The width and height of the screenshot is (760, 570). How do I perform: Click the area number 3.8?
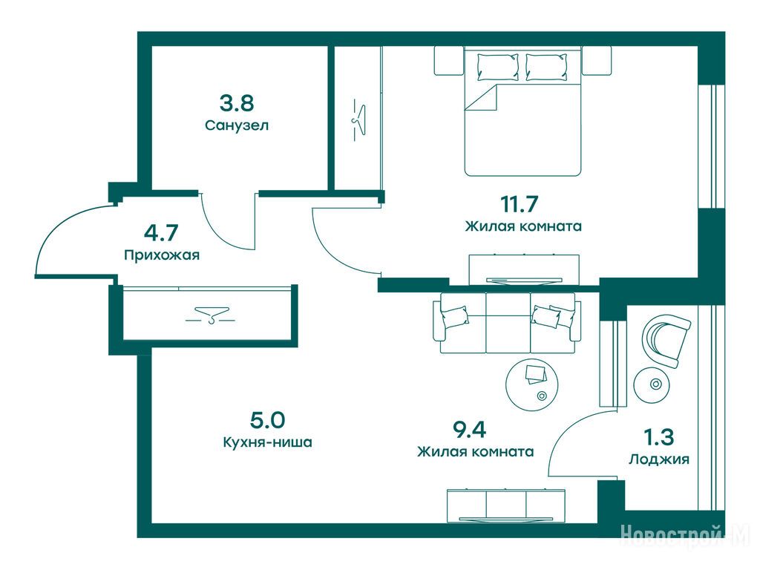click(237, 103)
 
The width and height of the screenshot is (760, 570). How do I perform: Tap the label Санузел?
click(237, 125)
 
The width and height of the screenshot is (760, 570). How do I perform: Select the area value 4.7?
click(161, 232)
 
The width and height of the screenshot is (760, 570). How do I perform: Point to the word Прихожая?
click(162, 255)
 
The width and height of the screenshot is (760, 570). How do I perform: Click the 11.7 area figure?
click(520, 203)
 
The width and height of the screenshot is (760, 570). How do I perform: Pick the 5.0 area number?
click(267, 420)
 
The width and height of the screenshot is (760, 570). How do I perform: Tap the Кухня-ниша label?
click(267, 442)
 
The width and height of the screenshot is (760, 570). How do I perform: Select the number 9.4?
click(469, 429)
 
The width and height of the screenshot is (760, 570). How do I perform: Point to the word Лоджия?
click(659, 459)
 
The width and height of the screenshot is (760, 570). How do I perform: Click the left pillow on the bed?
click(498, 67)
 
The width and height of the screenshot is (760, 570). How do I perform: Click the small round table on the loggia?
click(655, 385)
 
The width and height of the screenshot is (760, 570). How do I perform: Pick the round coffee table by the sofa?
click(531, 385)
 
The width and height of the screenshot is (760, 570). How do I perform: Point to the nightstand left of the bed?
click(449, 61)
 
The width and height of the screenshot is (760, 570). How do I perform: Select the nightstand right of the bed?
click(596, 61)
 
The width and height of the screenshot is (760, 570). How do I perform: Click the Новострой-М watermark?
click(685, 536)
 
